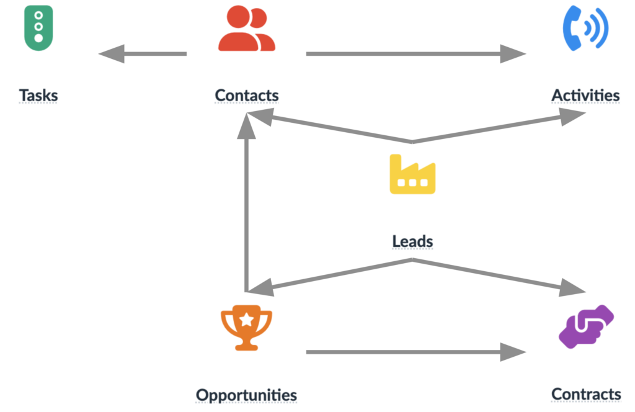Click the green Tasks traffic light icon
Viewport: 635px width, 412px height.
point(38,27)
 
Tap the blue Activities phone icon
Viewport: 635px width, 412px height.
point(585,27)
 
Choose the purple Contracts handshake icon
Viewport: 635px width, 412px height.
point(585,326)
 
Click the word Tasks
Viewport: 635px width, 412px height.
point(38,96)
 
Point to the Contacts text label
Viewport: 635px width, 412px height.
point(246,96)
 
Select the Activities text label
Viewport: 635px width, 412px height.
point(585,96)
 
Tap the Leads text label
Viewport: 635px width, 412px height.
point(412,241)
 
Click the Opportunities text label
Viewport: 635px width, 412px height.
point(246,395)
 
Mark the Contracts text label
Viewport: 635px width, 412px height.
point(586,394)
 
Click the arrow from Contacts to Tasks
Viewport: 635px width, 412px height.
point(143,54)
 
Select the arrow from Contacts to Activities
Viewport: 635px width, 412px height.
point(415,54)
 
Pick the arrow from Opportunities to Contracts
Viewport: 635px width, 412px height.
point(415,352)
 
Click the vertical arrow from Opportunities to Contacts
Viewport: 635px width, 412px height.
point(247,205)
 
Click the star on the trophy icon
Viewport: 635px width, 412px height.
point(246,320)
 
